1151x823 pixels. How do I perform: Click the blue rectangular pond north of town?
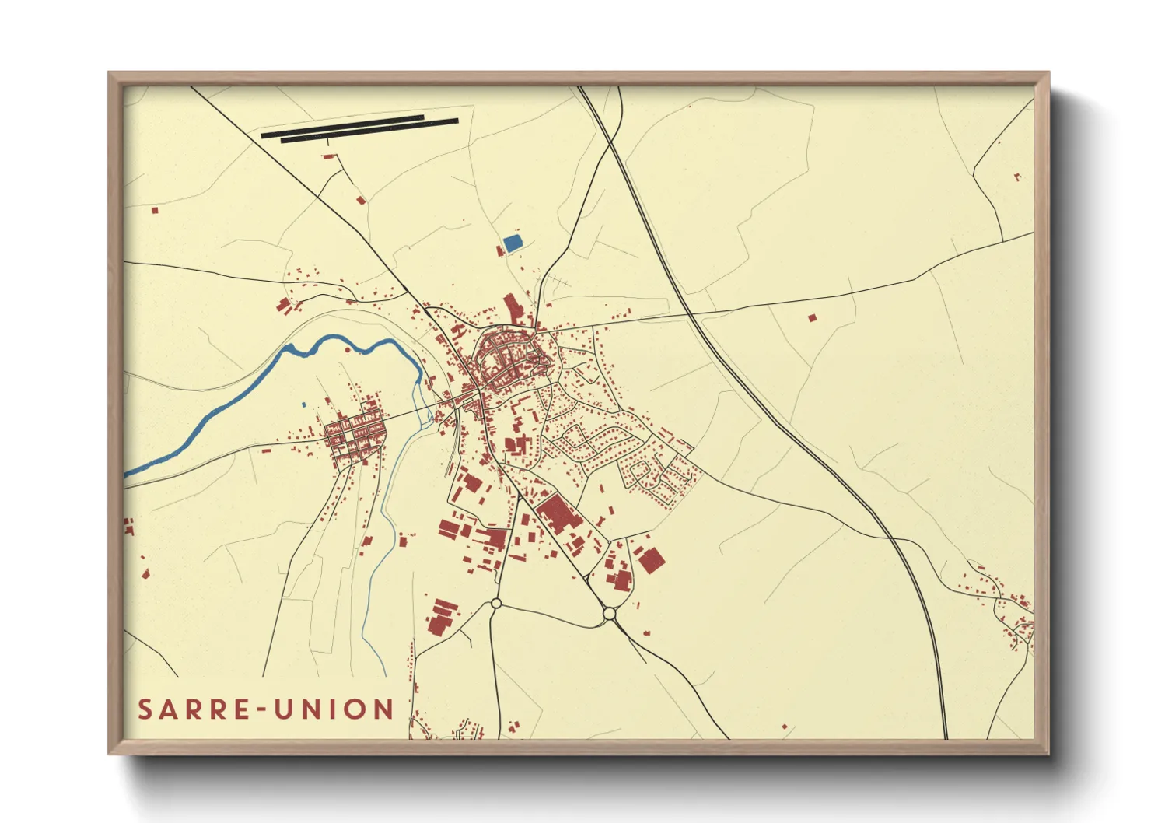[512, 243]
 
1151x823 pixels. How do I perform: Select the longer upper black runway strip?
[343, 127]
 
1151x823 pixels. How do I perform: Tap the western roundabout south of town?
[496, 604]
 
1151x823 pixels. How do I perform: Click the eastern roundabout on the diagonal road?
[609, 614]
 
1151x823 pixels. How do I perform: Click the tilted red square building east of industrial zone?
[651, 560]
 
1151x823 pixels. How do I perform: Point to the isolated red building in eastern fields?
[813, 317]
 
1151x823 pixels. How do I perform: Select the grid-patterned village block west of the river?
[355, 436]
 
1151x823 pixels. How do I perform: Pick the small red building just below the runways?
[329, 156]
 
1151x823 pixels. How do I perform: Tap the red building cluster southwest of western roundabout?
[440, 618]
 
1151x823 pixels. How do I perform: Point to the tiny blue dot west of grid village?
[303, 404]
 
